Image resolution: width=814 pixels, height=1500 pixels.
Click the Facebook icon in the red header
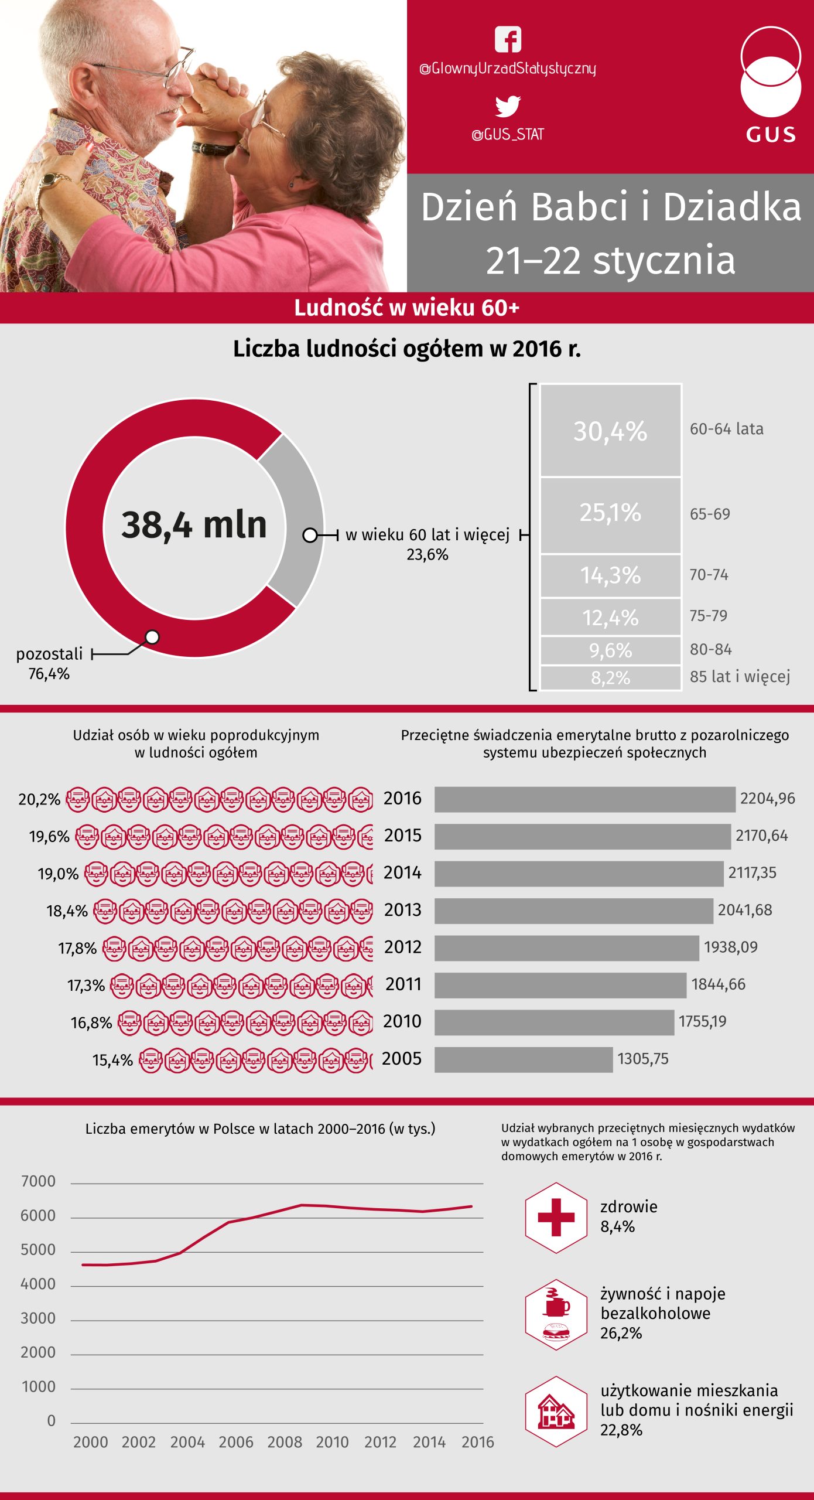click(508, 40)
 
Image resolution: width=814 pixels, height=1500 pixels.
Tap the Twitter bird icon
click(508, 106)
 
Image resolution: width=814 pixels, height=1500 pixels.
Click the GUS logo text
click(771, 135)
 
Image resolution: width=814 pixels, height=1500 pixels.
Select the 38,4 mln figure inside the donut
click(194, 524)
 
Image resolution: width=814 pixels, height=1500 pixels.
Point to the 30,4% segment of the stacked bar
click(610, 431)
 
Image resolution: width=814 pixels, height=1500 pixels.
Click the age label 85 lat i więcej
click(740, 677)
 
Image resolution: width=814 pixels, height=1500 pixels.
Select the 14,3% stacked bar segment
click(610, 575)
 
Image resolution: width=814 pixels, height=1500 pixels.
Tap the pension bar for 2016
click(584, 799)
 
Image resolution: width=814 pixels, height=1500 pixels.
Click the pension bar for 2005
click(523, 1059)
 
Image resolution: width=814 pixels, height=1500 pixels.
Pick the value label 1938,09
click(730, 947)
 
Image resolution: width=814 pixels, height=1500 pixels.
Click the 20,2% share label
click(39, 800)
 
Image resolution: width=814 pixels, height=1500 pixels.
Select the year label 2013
click(402, 910)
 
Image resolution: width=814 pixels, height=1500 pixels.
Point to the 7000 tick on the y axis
click(38, 1181)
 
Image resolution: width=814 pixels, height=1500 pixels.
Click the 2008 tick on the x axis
click(285, 1442)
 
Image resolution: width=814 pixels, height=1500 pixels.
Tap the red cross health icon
click(556, 1218)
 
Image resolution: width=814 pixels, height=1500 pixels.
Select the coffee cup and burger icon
click(556, 1314)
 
